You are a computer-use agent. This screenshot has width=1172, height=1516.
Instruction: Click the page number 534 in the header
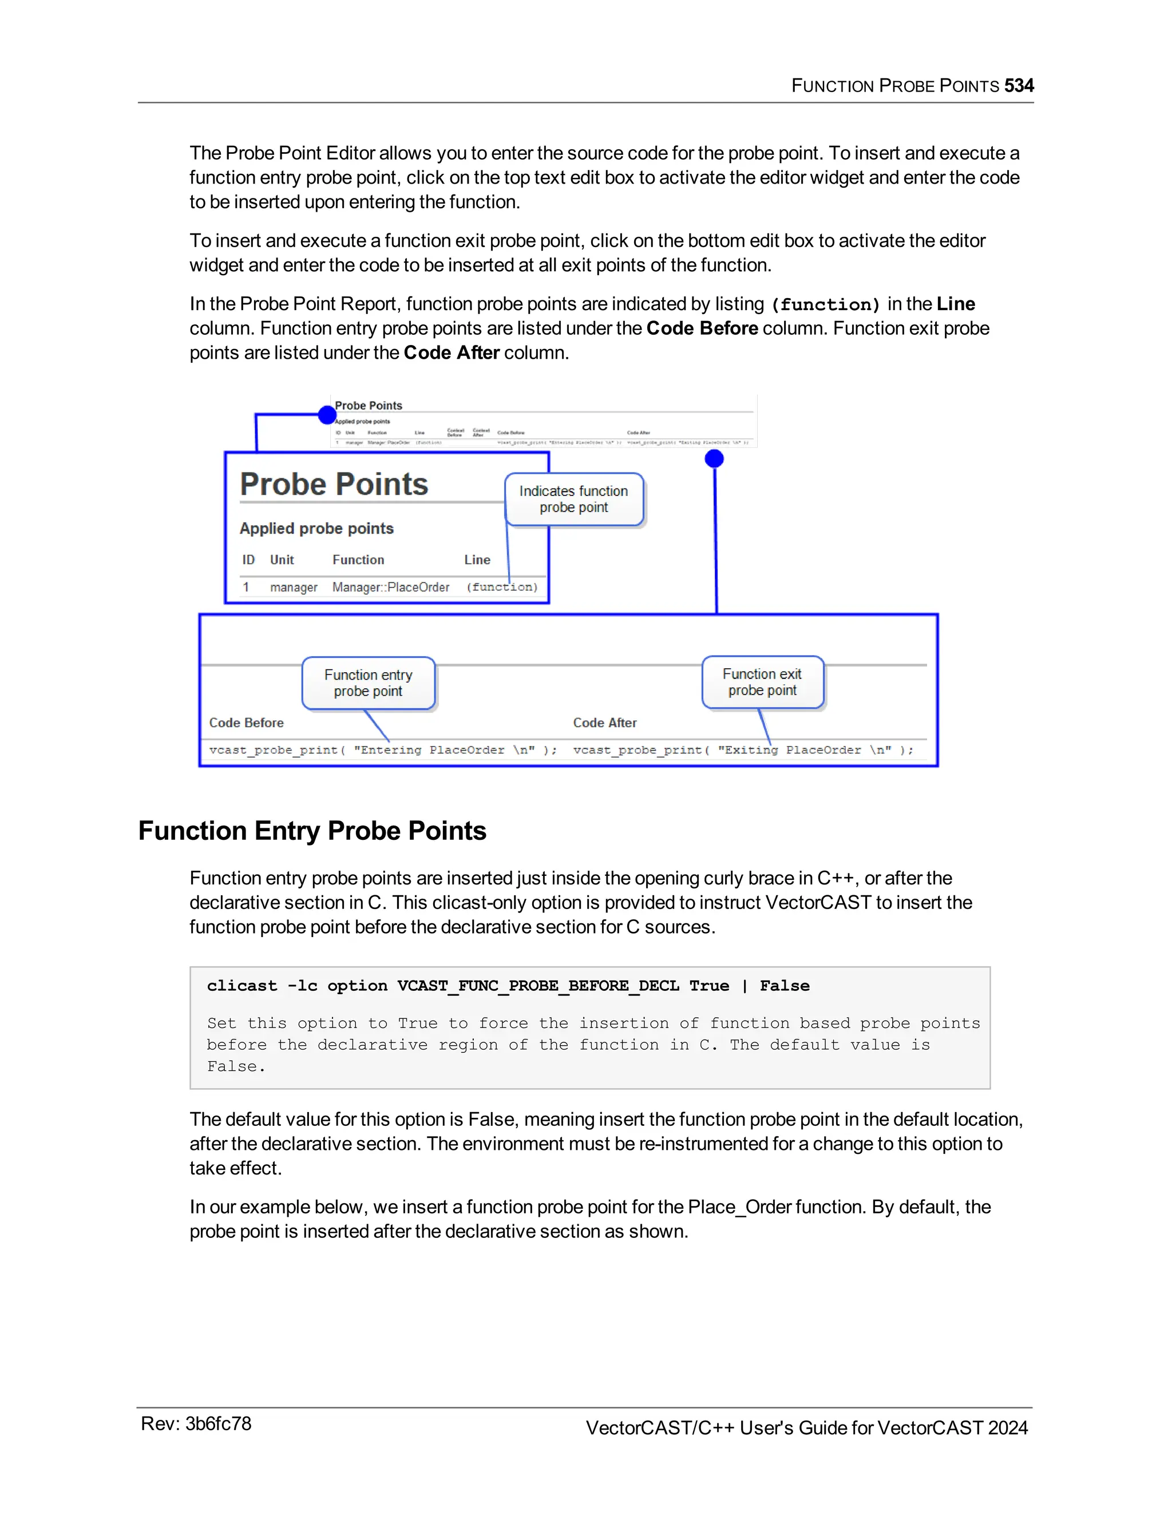pyautogui.click(x=1019, y=85)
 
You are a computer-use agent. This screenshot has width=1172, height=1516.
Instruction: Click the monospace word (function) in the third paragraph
pyautogui.click(x=826, y=305)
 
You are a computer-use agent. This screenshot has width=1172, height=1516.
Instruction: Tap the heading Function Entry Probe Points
pyautogui.click(x=312, y=831)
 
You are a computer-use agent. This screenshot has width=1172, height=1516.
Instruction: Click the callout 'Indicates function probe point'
pyautogui.click(x=573, y=499)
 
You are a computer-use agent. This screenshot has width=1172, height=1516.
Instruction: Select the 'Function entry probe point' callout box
pyautogui.click(x=368, y=683)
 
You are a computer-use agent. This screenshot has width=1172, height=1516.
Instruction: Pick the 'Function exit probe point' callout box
pyautogui.click(x=762, y=682)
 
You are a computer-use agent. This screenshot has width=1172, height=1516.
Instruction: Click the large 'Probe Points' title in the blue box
pyautogui.click(x=334, y=484)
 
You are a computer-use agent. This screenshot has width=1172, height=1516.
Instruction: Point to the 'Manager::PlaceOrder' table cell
pyautogui.click(x=390, y=588)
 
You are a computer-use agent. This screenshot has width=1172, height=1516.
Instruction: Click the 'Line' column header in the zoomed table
pyautogui.click(x=477, y=559)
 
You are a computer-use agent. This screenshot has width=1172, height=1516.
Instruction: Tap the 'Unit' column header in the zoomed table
pyautogui.click(x=282, y=559)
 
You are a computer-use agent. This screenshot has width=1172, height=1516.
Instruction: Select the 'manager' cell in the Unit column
pyautogui.click(x=293, y=588)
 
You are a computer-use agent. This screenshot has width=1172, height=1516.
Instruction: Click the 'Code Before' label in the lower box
pyautogui.click(x=247, y=723)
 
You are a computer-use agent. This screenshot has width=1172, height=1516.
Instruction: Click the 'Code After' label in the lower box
pyautogui.click(x=605, y=723)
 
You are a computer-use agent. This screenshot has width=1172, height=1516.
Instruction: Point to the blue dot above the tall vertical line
pyautogui.click(x=714, y=459)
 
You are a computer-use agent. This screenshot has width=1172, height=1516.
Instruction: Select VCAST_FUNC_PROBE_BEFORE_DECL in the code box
pyautogui.click(x=537, y=986)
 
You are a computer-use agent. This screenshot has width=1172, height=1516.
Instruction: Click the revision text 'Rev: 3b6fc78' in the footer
pyautogui.click(x=196, y=1424)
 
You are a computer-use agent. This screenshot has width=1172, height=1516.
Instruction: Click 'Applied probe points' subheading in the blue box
pyautogui.click(x=316, y=528)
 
